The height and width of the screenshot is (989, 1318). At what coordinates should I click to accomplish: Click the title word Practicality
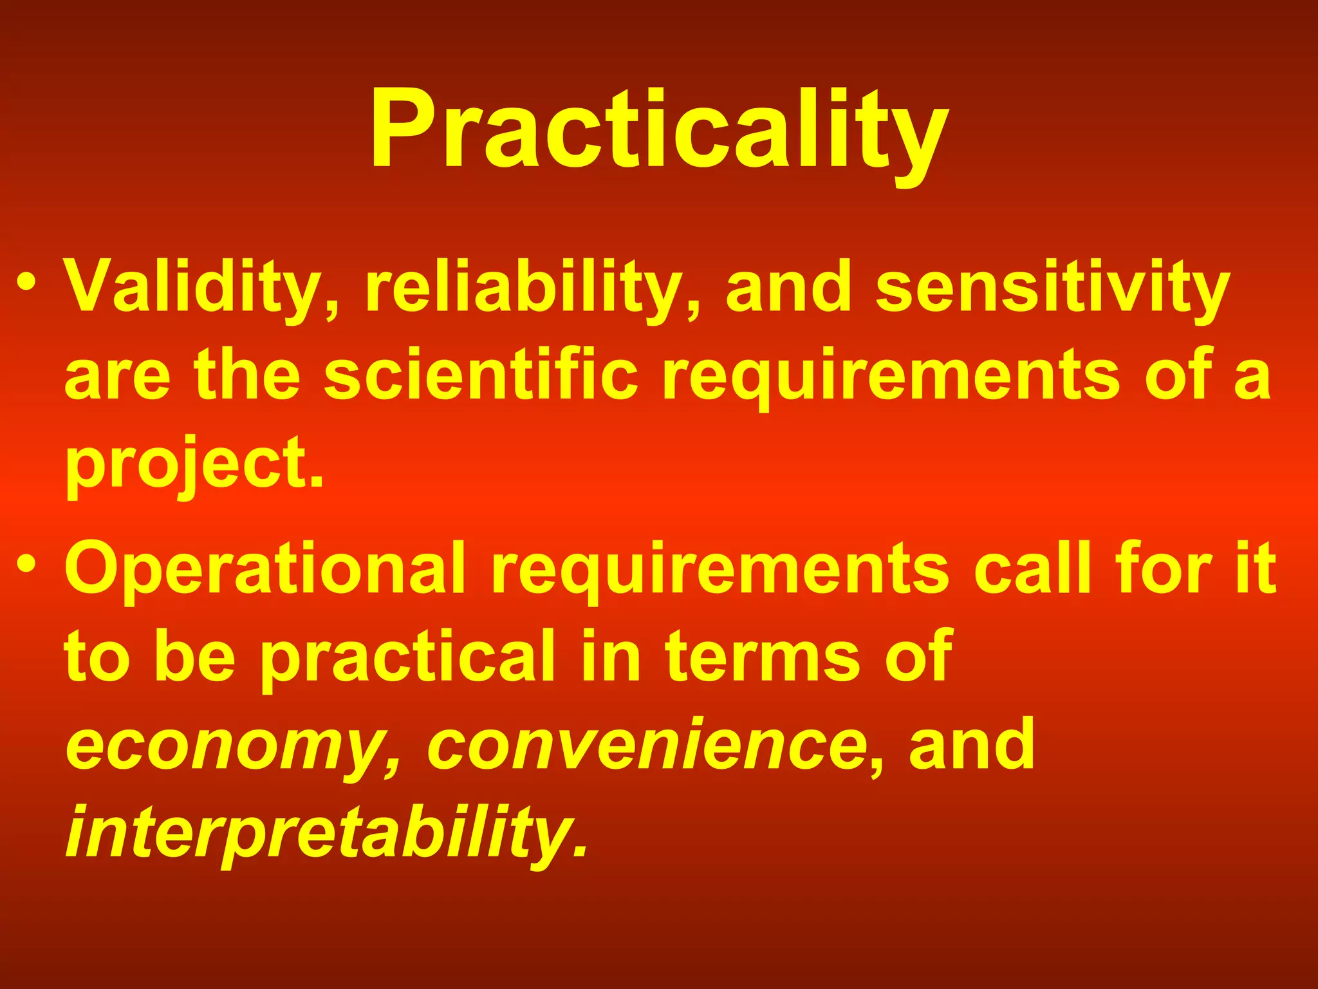coord(659,132)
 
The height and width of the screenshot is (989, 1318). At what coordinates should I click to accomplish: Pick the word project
coord(193,465)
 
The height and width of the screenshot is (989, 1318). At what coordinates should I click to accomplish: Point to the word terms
coord(763,657)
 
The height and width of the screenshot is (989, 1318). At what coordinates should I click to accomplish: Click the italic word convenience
coord(646,746)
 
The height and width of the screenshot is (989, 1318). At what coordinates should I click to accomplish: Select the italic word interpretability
coord(325,834)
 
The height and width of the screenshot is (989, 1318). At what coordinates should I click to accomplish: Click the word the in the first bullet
coord(247,376)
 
